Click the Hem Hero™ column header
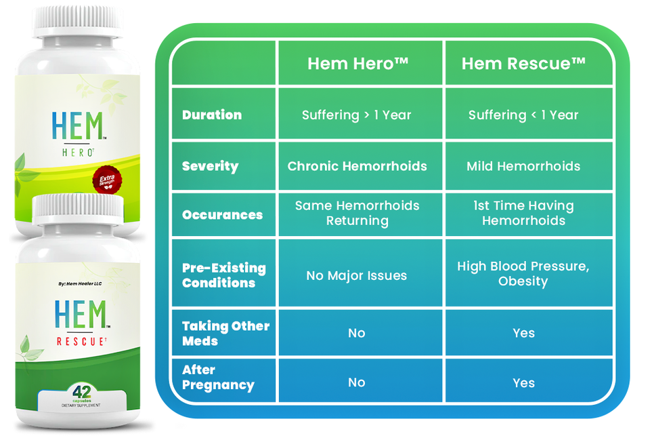tap(357, 64)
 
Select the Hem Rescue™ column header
tap(523, 64)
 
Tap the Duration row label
tap(212, 115)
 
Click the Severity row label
tap(210, 166)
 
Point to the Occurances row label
tap(222, 215)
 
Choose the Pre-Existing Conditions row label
tap(223, 275)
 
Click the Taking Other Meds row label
tap(225, 333)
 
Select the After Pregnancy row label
tap(218, 377)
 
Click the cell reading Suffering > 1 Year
tap(357, 115)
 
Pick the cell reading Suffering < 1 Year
tap(523, 115)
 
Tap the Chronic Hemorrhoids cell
tap(357, 166)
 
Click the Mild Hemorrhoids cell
tap(523, 166)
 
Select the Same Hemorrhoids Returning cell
tap(357, 213)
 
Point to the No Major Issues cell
tap(357, 275)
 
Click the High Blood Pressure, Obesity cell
tap(523, 273)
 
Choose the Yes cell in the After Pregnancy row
tap(523, 383)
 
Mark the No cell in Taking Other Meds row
tap(357, 333)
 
